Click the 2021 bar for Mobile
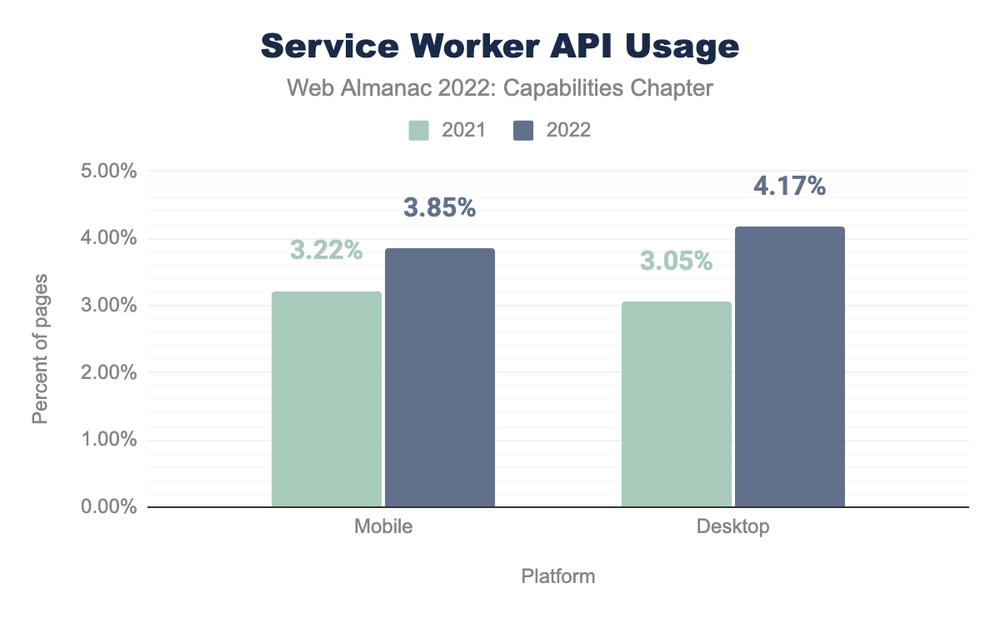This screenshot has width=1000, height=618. tap(327, 399)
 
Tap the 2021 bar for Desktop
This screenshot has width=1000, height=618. tap(677, 404)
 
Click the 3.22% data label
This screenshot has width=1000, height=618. tap(327, 250)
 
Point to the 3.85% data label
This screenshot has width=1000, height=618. tap(440, 207)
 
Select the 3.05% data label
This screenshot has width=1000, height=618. tap(677, 261)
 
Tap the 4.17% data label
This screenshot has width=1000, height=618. tap(790, 187)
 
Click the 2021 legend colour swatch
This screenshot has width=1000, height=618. tap(418, 130)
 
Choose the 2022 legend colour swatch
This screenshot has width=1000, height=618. tap(523, 130)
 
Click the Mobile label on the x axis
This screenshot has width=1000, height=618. tap(383, 527)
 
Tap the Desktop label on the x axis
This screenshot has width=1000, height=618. tap(733, 527)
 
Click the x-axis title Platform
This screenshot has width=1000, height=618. tap(558, 576)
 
